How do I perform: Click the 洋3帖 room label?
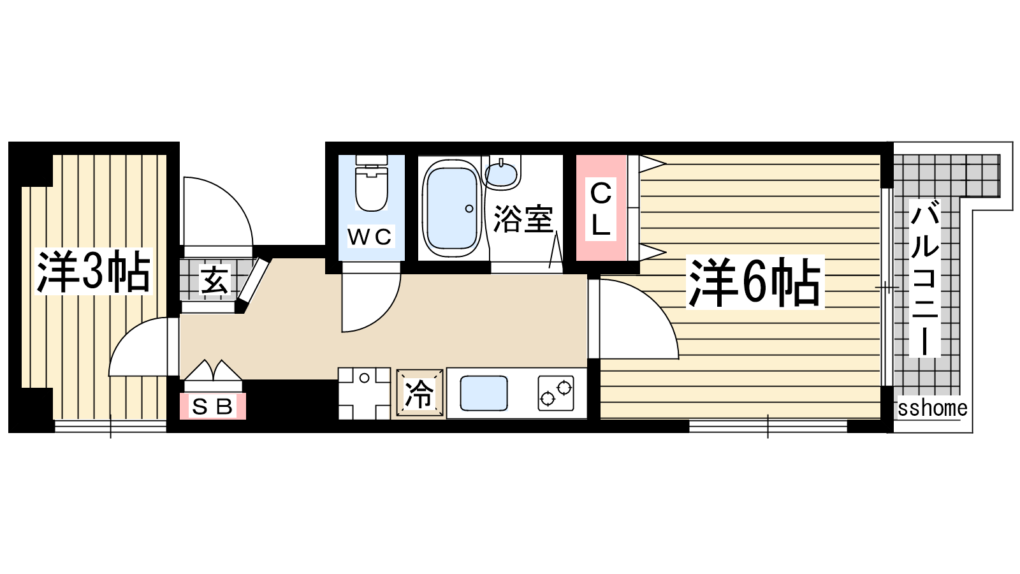[93, 272]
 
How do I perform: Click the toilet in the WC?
[372, 183]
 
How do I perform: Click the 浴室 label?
[523, 219]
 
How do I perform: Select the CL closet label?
[601, 209]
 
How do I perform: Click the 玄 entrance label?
[214, 280]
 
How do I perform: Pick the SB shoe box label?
[213, 406]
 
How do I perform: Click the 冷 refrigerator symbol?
[419, 393]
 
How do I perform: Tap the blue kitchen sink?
[484, 393]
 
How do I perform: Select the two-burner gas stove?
[555, 393]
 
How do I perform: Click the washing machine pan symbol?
[364, 394]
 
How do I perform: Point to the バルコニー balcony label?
[924, 278]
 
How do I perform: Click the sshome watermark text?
[932, 408]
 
